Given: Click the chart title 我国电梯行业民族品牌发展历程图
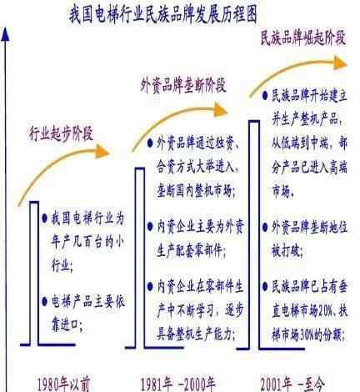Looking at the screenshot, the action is click(x=163, y=14).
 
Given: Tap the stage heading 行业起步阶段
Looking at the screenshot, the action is click(x=61, y=133).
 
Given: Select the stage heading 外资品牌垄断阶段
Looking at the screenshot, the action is click(x=183, y=85).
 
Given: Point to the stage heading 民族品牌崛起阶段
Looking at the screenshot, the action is click(x=303, y=38).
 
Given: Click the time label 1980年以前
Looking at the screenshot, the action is click(x=63, y=384).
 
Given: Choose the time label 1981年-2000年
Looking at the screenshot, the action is click(x=178, y=384).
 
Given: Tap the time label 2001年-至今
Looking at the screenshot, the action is click(x=292, y=384).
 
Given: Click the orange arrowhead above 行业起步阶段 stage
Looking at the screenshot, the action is click(x=102, y=152).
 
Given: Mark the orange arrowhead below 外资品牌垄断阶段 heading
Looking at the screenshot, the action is click(x=221, y=109).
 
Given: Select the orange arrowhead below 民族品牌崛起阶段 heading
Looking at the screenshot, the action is click(x=340, y=63).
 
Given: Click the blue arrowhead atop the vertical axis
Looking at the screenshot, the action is click(x=5, y=34).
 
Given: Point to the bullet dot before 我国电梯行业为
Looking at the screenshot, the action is click(x=44, y=219).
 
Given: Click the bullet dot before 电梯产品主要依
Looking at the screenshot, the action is click(x=44, y=302).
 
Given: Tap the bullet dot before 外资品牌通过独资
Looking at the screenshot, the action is click(x=150, y=143).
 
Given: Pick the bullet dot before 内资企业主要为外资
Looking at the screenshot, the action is click(x=150, y=227).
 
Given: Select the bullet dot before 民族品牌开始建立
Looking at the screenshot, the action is click(x=265, y=96).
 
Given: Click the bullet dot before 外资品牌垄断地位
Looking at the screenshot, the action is click(x=265, y=228).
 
